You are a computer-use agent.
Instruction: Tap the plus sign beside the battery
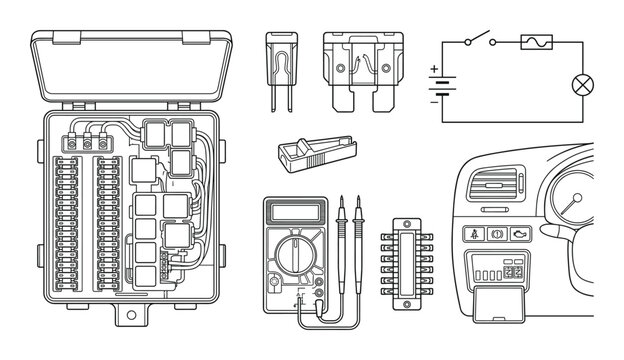[433, 70]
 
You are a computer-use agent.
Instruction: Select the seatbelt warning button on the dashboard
[472, 236]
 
